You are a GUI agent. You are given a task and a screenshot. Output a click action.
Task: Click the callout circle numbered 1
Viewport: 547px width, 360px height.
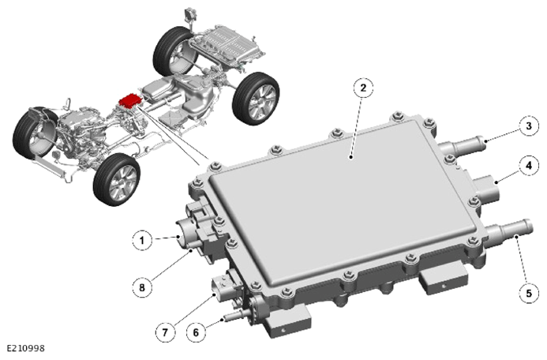coord(142,240)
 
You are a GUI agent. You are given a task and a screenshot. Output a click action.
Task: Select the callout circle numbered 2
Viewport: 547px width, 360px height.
coord(364,88)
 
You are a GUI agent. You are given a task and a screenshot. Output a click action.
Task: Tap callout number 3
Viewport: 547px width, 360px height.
coord(529,126)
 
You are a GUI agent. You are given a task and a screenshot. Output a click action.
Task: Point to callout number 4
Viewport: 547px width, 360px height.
coord(529,165)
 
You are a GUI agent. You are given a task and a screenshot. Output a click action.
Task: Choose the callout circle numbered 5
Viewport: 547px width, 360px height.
coord(529,293)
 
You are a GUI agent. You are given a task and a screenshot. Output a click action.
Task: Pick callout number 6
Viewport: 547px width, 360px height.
coord(196,332)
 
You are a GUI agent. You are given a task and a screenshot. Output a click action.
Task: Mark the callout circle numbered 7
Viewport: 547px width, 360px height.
coord(165,332)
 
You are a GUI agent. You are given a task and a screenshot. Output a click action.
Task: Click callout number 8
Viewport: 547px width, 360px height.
coord(142,287)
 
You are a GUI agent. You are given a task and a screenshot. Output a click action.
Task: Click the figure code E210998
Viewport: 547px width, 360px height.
coord(26,348)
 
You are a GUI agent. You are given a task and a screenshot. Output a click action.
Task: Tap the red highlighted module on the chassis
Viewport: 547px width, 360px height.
coord(130,100)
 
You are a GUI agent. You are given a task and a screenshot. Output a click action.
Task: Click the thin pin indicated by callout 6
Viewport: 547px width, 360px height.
coord(234,317)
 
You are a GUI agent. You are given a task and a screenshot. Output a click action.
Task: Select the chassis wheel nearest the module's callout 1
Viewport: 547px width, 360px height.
coord(117,179)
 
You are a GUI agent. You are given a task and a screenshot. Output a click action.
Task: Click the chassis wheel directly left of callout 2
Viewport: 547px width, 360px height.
coord(256,99)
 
